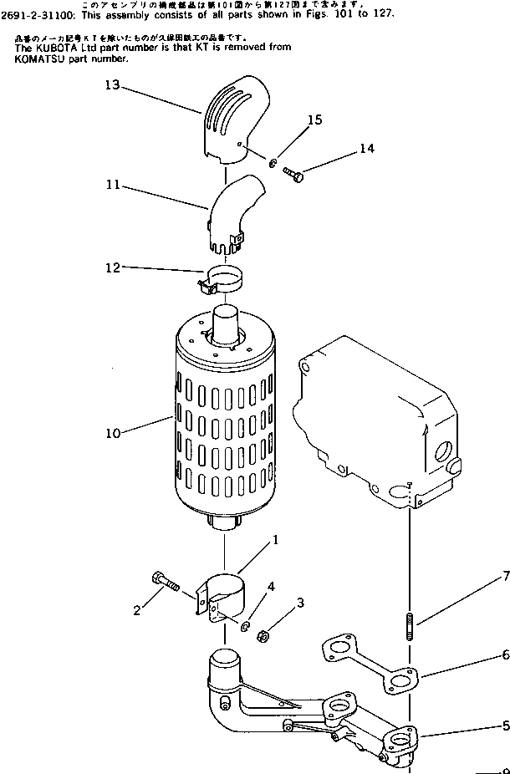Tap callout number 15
click(314, 120)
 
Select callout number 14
click(367, 148)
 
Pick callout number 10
click(114, 433)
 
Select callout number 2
click(136, 610)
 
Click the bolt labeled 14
click(293, 173)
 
